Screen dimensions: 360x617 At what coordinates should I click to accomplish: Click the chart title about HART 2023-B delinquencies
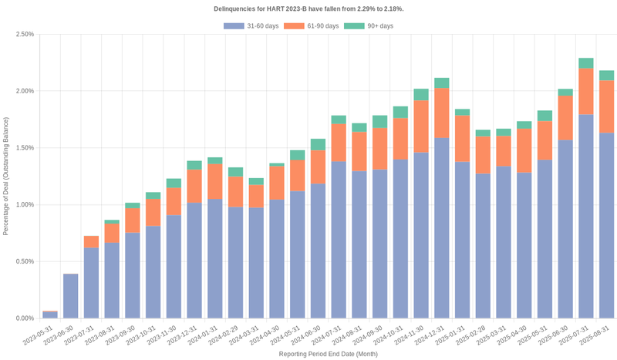point(308,8)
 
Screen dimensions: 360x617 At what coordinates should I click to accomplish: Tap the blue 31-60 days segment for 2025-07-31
point(586,216)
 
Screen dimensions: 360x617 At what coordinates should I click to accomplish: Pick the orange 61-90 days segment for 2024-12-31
point(442,113)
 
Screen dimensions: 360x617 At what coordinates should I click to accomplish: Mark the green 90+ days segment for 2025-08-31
point(607,76)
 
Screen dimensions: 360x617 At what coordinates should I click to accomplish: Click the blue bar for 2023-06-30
point(71,296)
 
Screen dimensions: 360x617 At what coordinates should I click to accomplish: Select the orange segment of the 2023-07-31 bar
point(92,242)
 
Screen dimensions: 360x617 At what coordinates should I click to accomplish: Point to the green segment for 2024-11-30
point(421,95)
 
